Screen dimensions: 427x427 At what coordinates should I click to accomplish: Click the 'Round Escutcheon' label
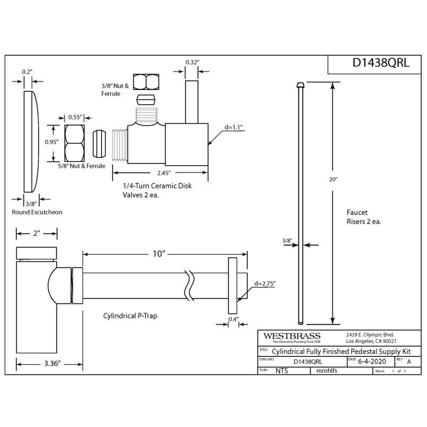[37, 212]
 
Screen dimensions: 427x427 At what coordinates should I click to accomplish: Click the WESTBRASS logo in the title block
[288, 335]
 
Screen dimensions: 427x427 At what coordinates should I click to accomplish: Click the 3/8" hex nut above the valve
[146, 82]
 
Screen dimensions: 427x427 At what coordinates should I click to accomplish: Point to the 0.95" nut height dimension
[51, 143]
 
